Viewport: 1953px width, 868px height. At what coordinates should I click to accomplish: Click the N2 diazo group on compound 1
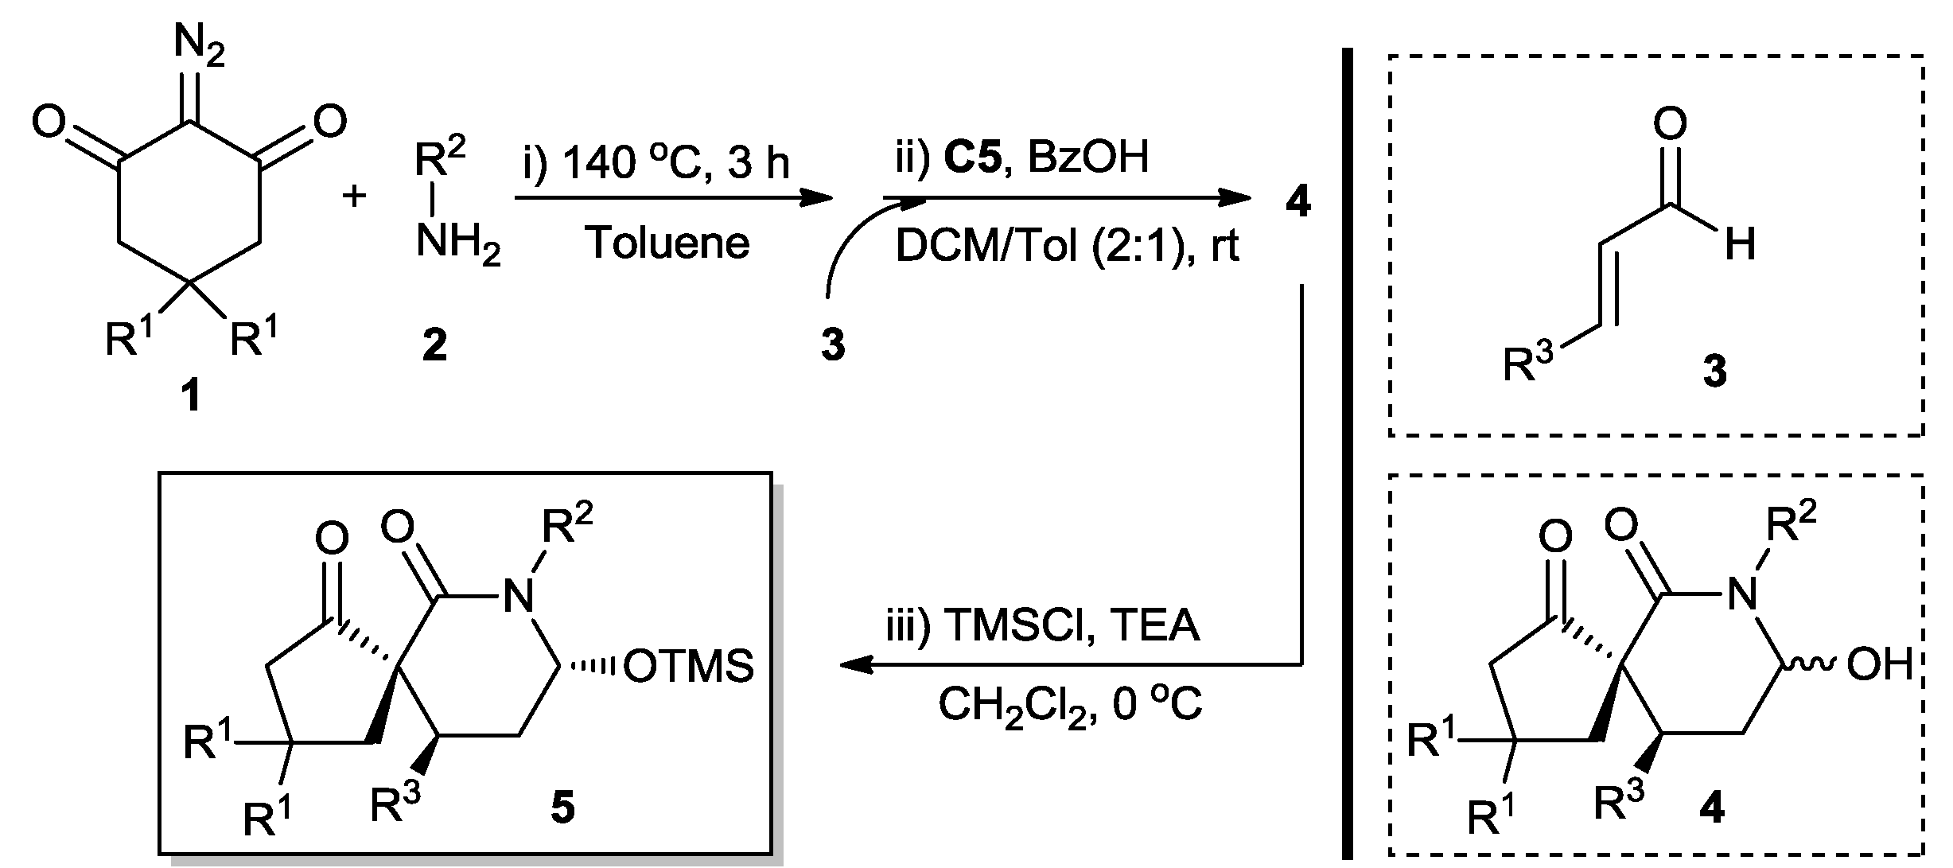[198, 45]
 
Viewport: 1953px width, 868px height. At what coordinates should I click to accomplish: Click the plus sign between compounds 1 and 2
[353, 196]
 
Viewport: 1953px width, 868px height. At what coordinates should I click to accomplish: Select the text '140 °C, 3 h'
[676, 163]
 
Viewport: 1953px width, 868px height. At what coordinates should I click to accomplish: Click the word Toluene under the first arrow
[667, 243]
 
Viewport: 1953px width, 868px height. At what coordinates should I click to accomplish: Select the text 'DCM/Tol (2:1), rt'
[1067, 247]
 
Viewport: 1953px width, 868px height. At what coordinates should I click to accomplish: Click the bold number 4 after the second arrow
[1297, 204]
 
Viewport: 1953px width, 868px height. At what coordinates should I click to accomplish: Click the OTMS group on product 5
[688, 666]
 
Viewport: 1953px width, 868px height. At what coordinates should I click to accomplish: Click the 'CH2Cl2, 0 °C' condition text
[1070, 705]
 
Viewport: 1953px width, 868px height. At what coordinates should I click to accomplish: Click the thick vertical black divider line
[1347, 453]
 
